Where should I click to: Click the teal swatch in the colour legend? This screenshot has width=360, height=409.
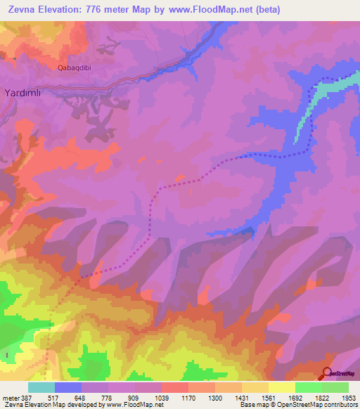pos(41,387)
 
